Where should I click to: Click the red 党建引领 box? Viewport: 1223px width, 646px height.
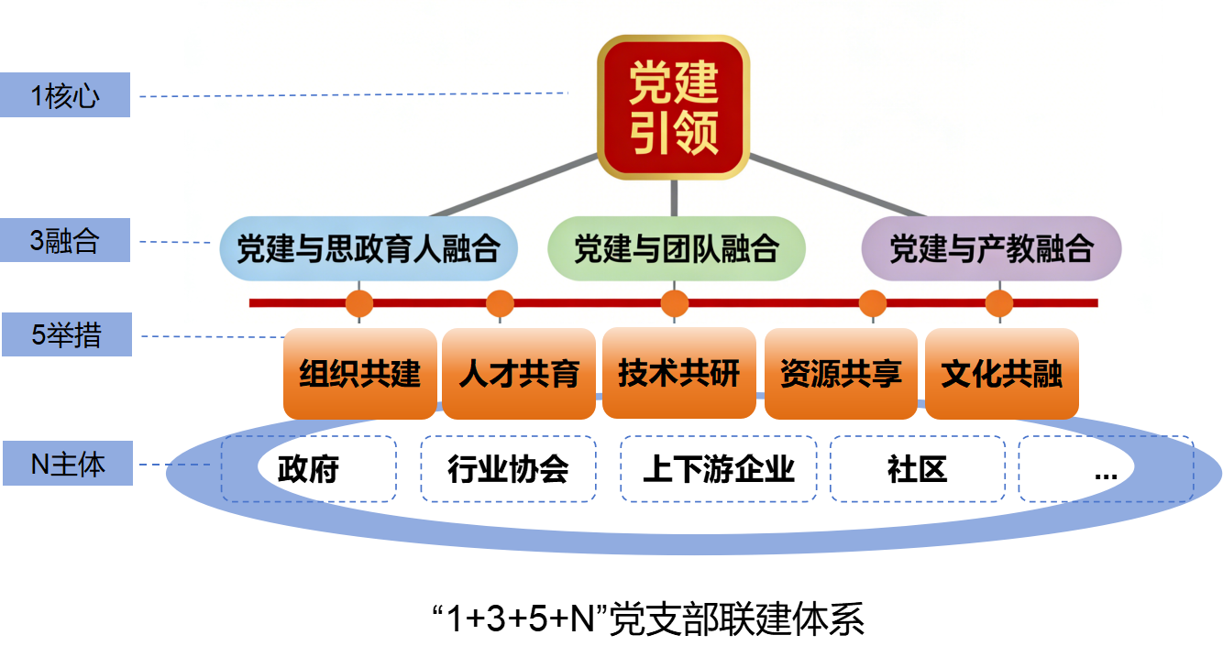pyautogui.click(x=674, y=107)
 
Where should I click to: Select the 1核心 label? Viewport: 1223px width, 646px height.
pyautogui.click(x=65, y=95)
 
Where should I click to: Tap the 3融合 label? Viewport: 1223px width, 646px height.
pyautogui.click(x=65, y=241)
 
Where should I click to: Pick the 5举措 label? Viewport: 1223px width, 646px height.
pyautogui.click(x=66, y=335)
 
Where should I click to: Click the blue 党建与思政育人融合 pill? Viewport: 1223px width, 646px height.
pyautogui.click(x=368, y=248)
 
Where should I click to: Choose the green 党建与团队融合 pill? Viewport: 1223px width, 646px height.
pyautogui.click(x=676, y=248)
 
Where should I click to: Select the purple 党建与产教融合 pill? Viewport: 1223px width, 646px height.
pyautogui.click(x=991, y=248)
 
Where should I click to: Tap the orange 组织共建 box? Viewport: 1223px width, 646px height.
pyautogui.click(x=359, y=373)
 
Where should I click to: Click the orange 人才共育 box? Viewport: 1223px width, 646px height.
pyautogui.click(x=519, y=373)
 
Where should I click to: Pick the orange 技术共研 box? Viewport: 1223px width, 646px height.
pyautogui.click(x=678, y=373)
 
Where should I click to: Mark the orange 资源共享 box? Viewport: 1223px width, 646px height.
pyautogui.click(x=841, y=373)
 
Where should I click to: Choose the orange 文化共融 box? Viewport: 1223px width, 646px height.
pyautogui.click(x=1001, y=373)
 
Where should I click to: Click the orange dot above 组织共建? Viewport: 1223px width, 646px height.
pyautogui.click(x=359, y=302)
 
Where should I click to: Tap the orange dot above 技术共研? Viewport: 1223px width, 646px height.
pyautogui.click(x=675, y=302)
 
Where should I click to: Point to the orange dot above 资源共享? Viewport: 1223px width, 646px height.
pyautogui.click(x=872, y=302)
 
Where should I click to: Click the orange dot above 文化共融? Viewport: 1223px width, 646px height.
pyautogui.click(x=998, y=302)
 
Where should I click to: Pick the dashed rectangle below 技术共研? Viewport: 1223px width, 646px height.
pyautogui.click(x=718, y=468)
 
